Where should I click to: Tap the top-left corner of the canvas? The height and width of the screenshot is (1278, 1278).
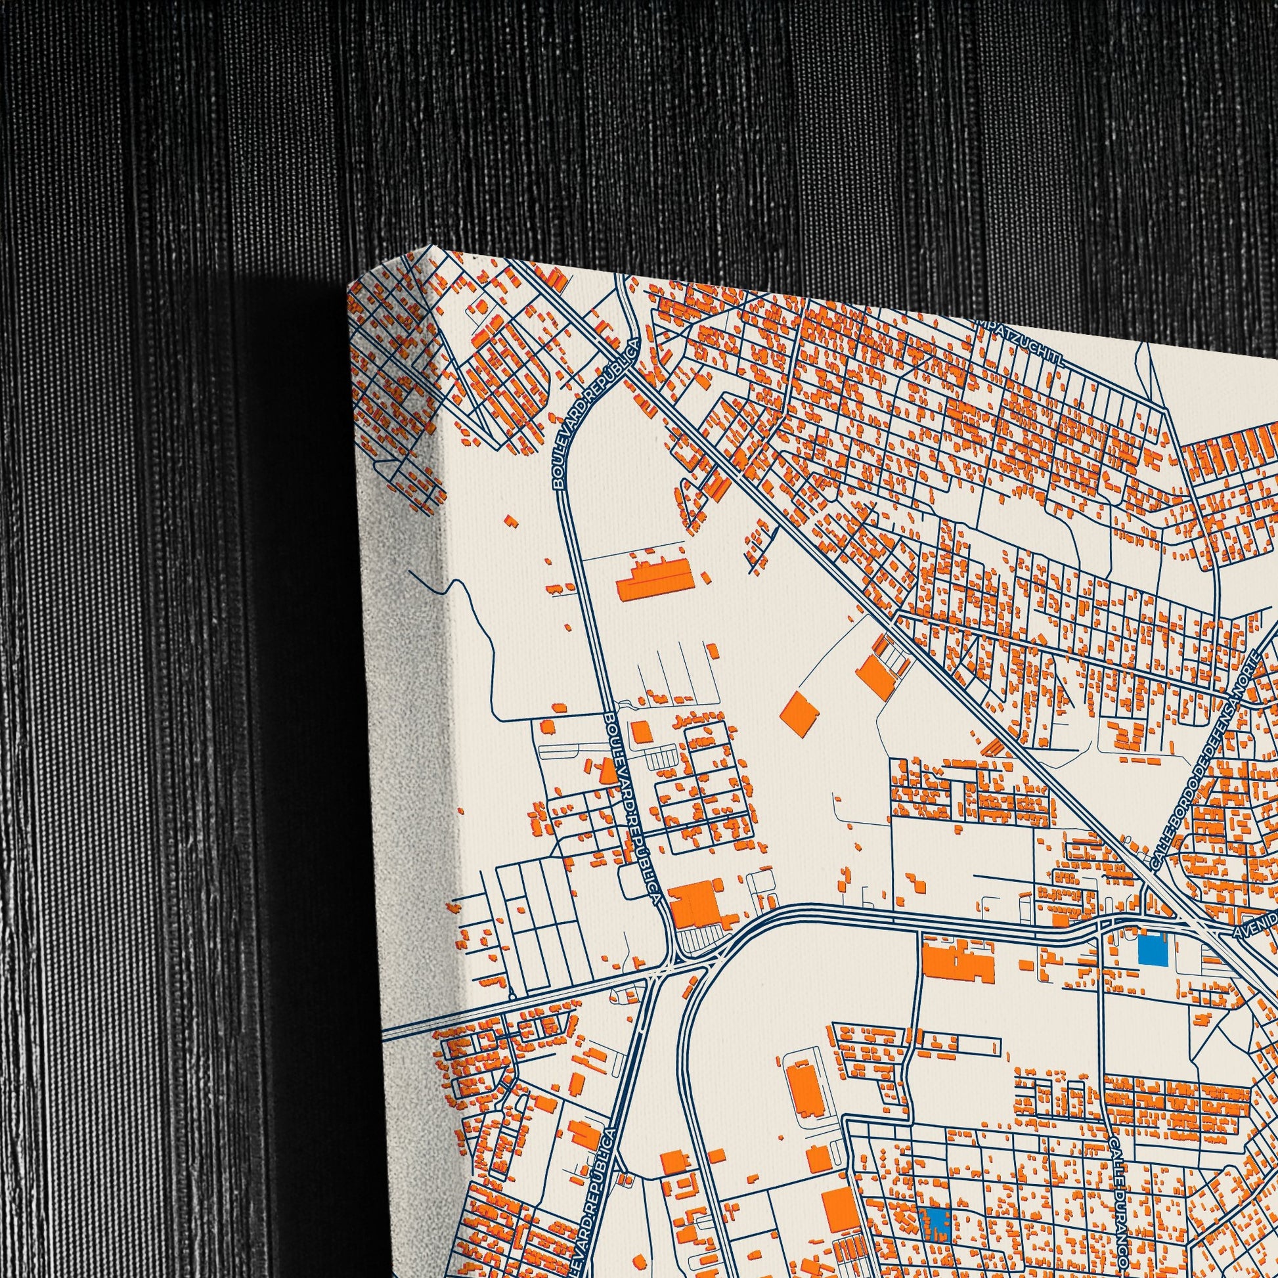tap(349, 290)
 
